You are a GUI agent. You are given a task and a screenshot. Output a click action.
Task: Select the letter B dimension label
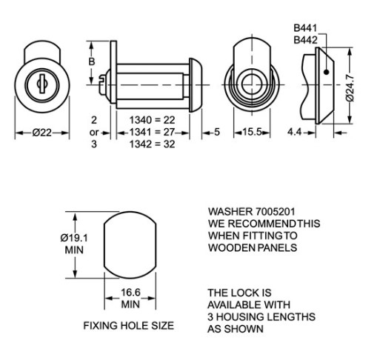(92, 62)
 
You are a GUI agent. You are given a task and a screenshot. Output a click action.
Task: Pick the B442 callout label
(306, 39)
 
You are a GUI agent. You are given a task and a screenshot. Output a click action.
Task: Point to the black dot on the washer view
(325, 73)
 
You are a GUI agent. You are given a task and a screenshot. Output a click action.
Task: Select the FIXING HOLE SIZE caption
(128, 325)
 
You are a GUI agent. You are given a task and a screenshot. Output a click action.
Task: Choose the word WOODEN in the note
(232, 247)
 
